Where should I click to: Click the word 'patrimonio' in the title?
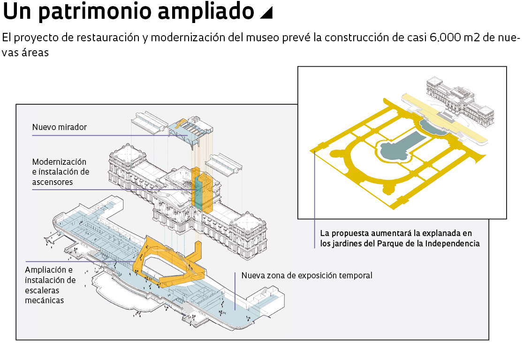[96, 12]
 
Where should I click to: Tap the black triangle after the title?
[266, 13]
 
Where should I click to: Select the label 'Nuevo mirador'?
[60, 127]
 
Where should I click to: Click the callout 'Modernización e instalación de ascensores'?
[61, 172]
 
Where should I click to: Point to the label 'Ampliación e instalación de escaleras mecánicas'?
[50, 285]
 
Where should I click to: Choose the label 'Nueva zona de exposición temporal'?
[307, 276]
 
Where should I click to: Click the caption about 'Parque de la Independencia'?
[400, 238]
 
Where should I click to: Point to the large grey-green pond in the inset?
[399, 145]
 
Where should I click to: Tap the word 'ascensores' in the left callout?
[53, 182]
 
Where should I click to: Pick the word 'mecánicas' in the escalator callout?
[44, 300]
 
